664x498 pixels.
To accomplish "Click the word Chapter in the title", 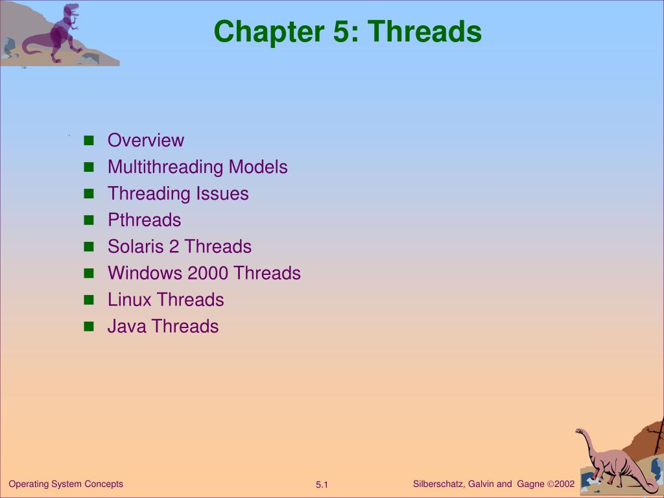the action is pyautogui.click(x=269, y=32).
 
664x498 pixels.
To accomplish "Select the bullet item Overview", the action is pyautogui.click(x=146, y=140).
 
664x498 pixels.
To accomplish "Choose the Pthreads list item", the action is pyautogui.click(x=145, y=220).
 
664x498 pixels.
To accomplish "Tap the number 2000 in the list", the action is pyautogui.click(x=208, y=273).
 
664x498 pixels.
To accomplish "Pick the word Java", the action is pyautogui.click(x=126, y=327).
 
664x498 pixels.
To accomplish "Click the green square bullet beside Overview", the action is pyautogui.click(x=89, y=141).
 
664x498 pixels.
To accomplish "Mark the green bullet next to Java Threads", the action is pyautogui.click(x=89, y=327).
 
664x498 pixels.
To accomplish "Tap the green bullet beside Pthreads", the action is pyautogui.click(x=89, y=220).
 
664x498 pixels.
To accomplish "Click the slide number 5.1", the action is pyautogui.click(x=322, y=485).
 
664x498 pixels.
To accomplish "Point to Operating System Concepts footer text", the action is pyautogui.click(x=65, y=484).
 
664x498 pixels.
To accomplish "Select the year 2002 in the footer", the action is pyautogui.click(x=565, y=484).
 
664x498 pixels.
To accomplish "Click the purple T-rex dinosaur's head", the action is pyautogui.click(x=71, y=8).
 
